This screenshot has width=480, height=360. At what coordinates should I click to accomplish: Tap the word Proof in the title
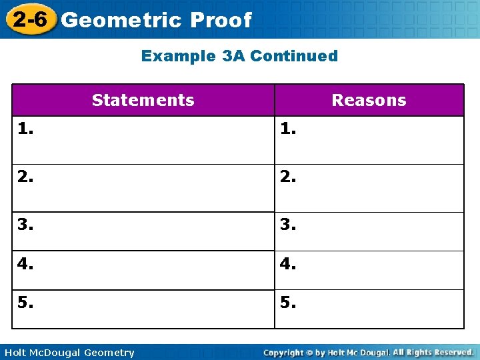pos(221,20)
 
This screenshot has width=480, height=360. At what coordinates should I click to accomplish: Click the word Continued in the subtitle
pos(293,56)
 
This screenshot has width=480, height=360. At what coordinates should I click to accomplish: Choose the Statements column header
pos(143,100)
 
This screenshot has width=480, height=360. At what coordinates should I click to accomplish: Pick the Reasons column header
pos(369,100)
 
